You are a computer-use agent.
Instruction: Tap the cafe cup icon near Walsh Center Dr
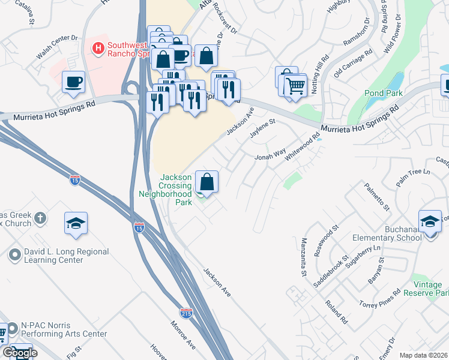click(x=74, y=82)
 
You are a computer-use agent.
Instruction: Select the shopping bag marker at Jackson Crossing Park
click(x=206, y=182)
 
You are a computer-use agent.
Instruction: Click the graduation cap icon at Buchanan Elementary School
click(x=430, y=222)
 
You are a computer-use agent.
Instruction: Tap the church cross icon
click(x=40, y=218)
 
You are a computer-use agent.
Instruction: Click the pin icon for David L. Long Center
click(x=14, y=256)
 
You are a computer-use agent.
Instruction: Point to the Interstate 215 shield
click(x=187, y=313)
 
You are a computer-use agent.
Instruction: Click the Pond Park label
click(x=382, y=93)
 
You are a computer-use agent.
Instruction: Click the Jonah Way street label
click(x=270, y=155)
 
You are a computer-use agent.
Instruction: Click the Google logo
click(x=20, y=353)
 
